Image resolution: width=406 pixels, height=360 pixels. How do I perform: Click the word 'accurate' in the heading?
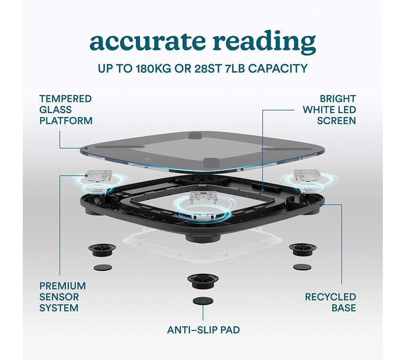coord(147,41)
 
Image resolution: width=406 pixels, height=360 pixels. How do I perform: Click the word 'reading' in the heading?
coord(264,42)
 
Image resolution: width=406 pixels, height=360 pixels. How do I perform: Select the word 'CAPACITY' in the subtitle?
coord(278,69)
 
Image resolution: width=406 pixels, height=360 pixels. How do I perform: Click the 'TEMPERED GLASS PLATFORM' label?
coord(66,110)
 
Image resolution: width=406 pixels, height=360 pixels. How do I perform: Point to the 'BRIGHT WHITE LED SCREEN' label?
coord(329,110)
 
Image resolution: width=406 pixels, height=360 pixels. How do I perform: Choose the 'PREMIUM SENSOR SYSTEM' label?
coord(63,297)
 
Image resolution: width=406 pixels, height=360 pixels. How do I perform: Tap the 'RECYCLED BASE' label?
coord(330,302)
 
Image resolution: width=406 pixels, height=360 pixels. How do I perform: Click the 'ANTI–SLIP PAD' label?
coord(203,330)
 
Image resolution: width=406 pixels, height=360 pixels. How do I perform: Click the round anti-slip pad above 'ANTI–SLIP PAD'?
coord(203,301)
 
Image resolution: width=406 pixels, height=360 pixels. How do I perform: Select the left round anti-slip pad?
coord(103,267)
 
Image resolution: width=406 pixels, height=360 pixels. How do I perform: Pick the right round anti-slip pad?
coord(302,267)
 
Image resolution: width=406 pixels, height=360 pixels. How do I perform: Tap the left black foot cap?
coord(102,250)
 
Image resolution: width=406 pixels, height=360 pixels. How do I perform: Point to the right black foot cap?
coord(302,249)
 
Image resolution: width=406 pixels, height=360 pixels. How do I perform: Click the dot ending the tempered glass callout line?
coord(87,148)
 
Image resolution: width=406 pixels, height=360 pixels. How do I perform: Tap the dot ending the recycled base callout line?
coord(321,205)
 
